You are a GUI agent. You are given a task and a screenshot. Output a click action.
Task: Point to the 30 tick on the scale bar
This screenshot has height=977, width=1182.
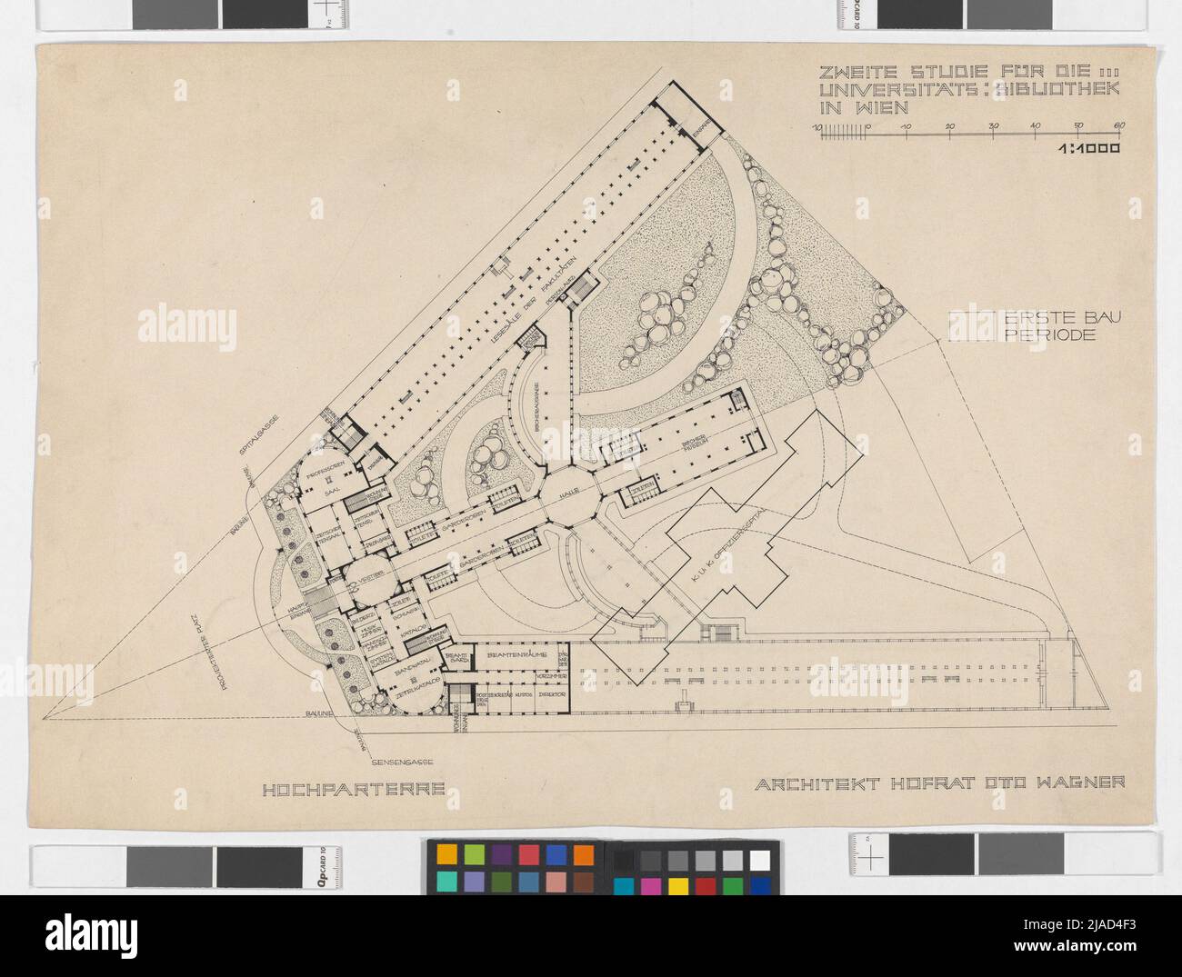click(993, 126)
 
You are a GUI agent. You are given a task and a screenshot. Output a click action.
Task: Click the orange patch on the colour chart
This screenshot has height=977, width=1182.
click(584, 855)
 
